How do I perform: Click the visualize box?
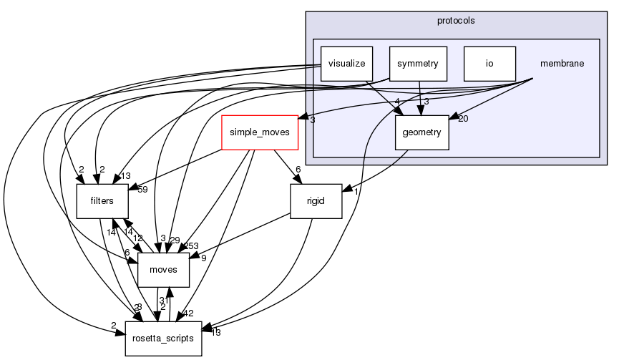[346, 63]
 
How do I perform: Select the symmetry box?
[418, 63]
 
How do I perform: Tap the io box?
[489, 63]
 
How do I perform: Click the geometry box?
[422, 132]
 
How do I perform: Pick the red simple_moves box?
[258, 132]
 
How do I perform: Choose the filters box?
[102, 201]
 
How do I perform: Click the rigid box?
[316, 201]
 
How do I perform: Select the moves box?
[163, 270]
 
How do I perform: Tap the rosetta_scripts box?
[163, 338]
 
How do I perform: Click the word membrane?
[562, 63]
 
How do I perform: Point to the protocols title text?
[456, 20]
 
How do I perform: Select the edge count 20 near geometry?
[463, 119]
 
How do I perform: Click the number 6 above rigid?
[298, 170]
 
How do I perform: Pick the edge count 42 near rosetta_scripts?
[188, 313]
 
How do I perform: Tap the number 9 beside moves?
[203, 258]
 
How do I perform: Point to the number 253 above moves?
[190, 246]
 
